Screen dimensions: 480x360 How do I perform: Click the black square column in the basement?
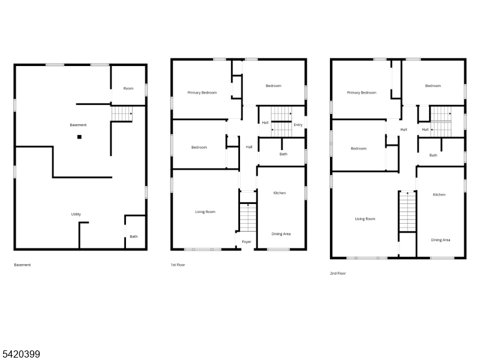(x=79, y=137)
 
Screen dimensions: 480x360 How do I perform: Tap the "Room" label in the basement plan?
(x=128, y=88)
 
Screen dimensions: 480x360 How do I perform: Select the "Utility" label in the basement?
(x=76, y=214)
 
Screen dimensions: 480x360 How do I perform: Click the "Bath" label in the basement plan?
(x=133, y=236)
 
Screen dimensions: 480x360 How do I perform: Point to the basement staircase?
(x=122, y=113)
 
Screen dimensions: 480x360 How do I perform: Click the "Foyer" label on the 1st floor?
(x=247, y=242)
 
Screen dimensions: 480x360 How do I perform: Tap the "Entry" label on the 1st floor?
(x=298, y=125)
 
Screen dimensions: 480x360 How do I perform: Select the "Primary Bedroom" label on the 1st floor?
(x=202, y=92)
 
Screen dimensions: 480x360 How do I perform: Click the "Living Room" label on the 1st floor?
(x=205, y=212)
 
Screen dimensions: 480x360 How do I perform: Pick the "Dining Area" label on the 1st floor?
(x=281, y=234)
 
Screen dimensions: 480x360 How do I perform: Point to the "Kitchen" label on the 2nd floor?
(x=439, y=194)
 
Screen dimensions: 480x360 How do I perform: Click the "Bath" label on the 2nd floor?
(x=433, y=155)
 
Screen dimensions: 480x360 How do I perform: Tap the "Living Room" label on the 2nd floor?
(x=365, y=219)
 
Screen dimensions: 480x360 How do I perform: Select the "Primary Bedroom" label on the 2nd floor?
(x=362, y=92)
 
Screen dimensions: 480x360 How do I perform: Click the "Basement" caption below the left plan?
(x=22, y=265)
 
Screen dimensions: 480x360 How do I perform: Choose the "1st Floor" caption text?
(x=178, y=265)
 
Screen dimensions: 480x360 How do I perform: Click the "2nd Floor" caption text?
(x=338, y=274)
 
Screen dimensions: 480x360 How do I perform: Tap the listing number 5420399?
(x=20, y=354)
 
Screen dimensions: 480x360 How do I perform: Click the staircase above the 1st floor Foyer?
(x=248, y=217)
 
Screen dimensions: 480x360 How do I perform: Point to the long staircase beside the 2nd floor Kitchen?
(x=407, y=212)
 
